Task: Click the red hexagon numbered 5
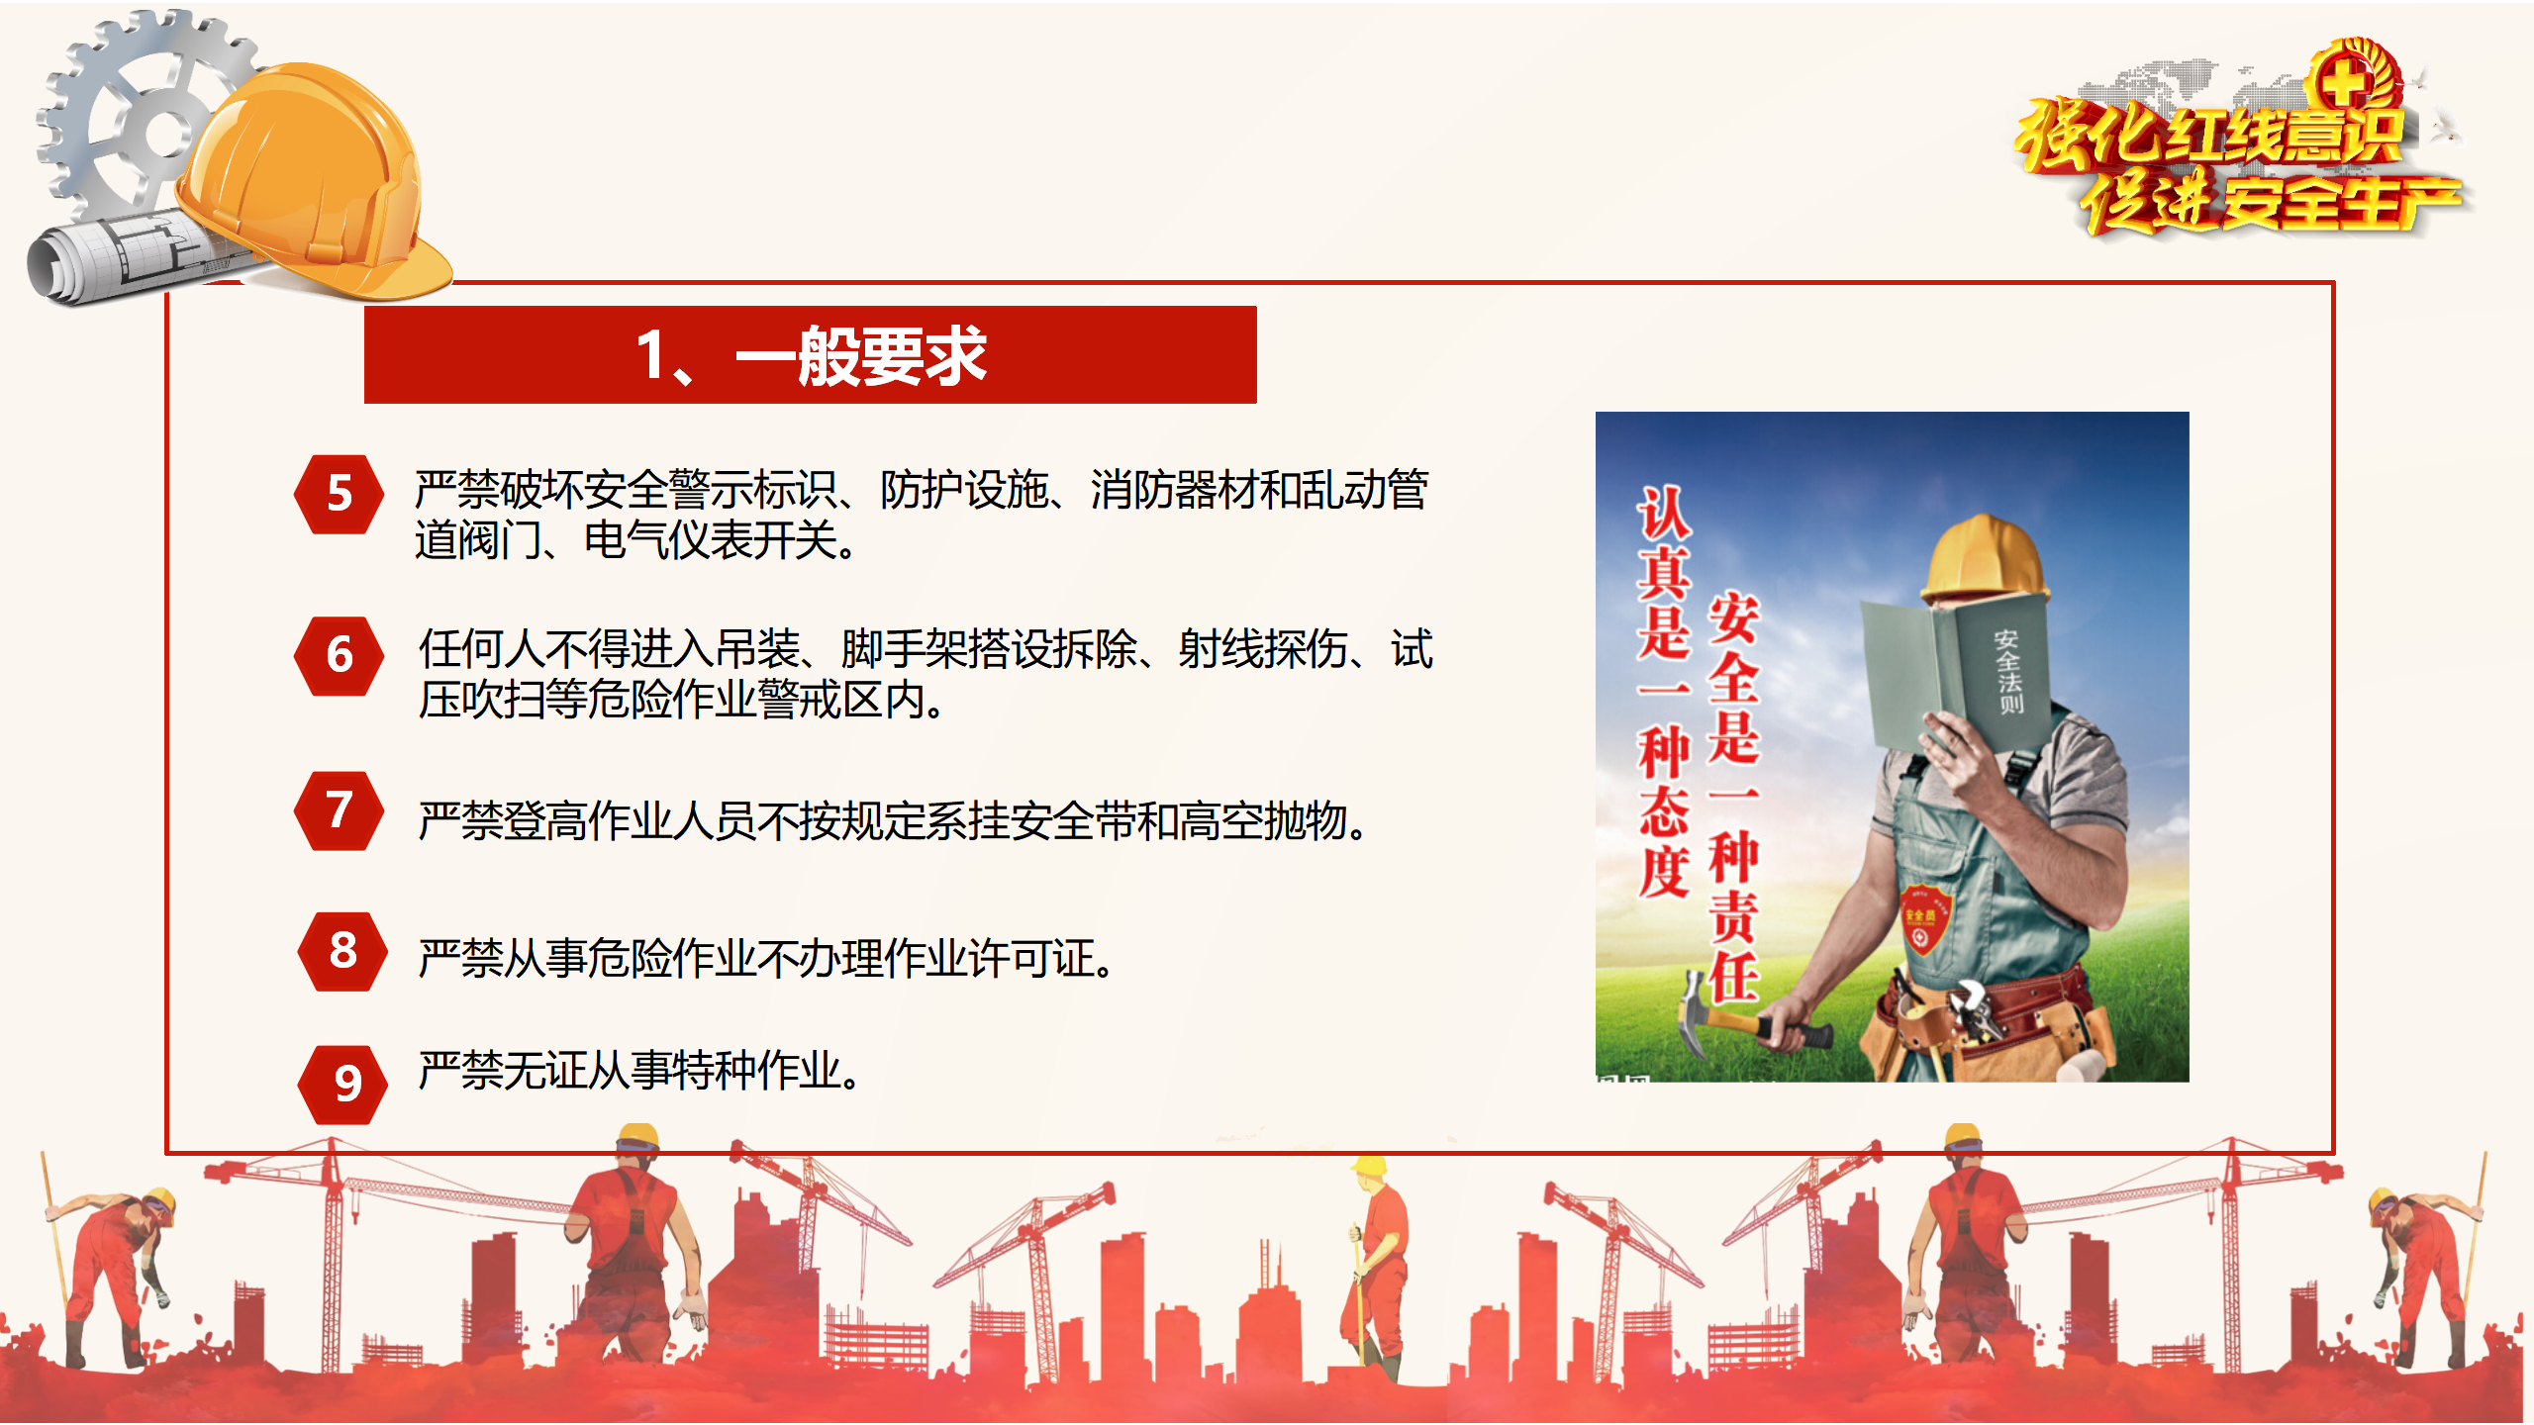pyautogui.click(x=339, y=494)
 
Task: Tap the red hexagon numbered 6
pyautogui.click(x=339, y=655)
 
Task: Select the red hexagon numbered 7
pyautogui.click(x=339, y=810)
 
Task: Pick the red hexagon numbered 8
pyautogui.click(x=342, y=951)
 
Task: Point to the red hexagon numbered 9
pyautogui.click(x=342, y=1085)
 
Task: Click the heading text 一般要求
pyautogui.click(x=861, y=355)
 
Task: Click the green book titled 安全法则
pyautogui.click(x=1955, y=673)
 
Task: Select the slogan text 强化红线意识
pyautogui.click(x=2212, y=134)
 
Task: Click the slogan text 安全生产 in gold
pyautogui.click(x=2341, y=203)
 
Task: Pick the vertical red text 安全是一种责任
pyautogui.click(x=1733, y=797)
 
